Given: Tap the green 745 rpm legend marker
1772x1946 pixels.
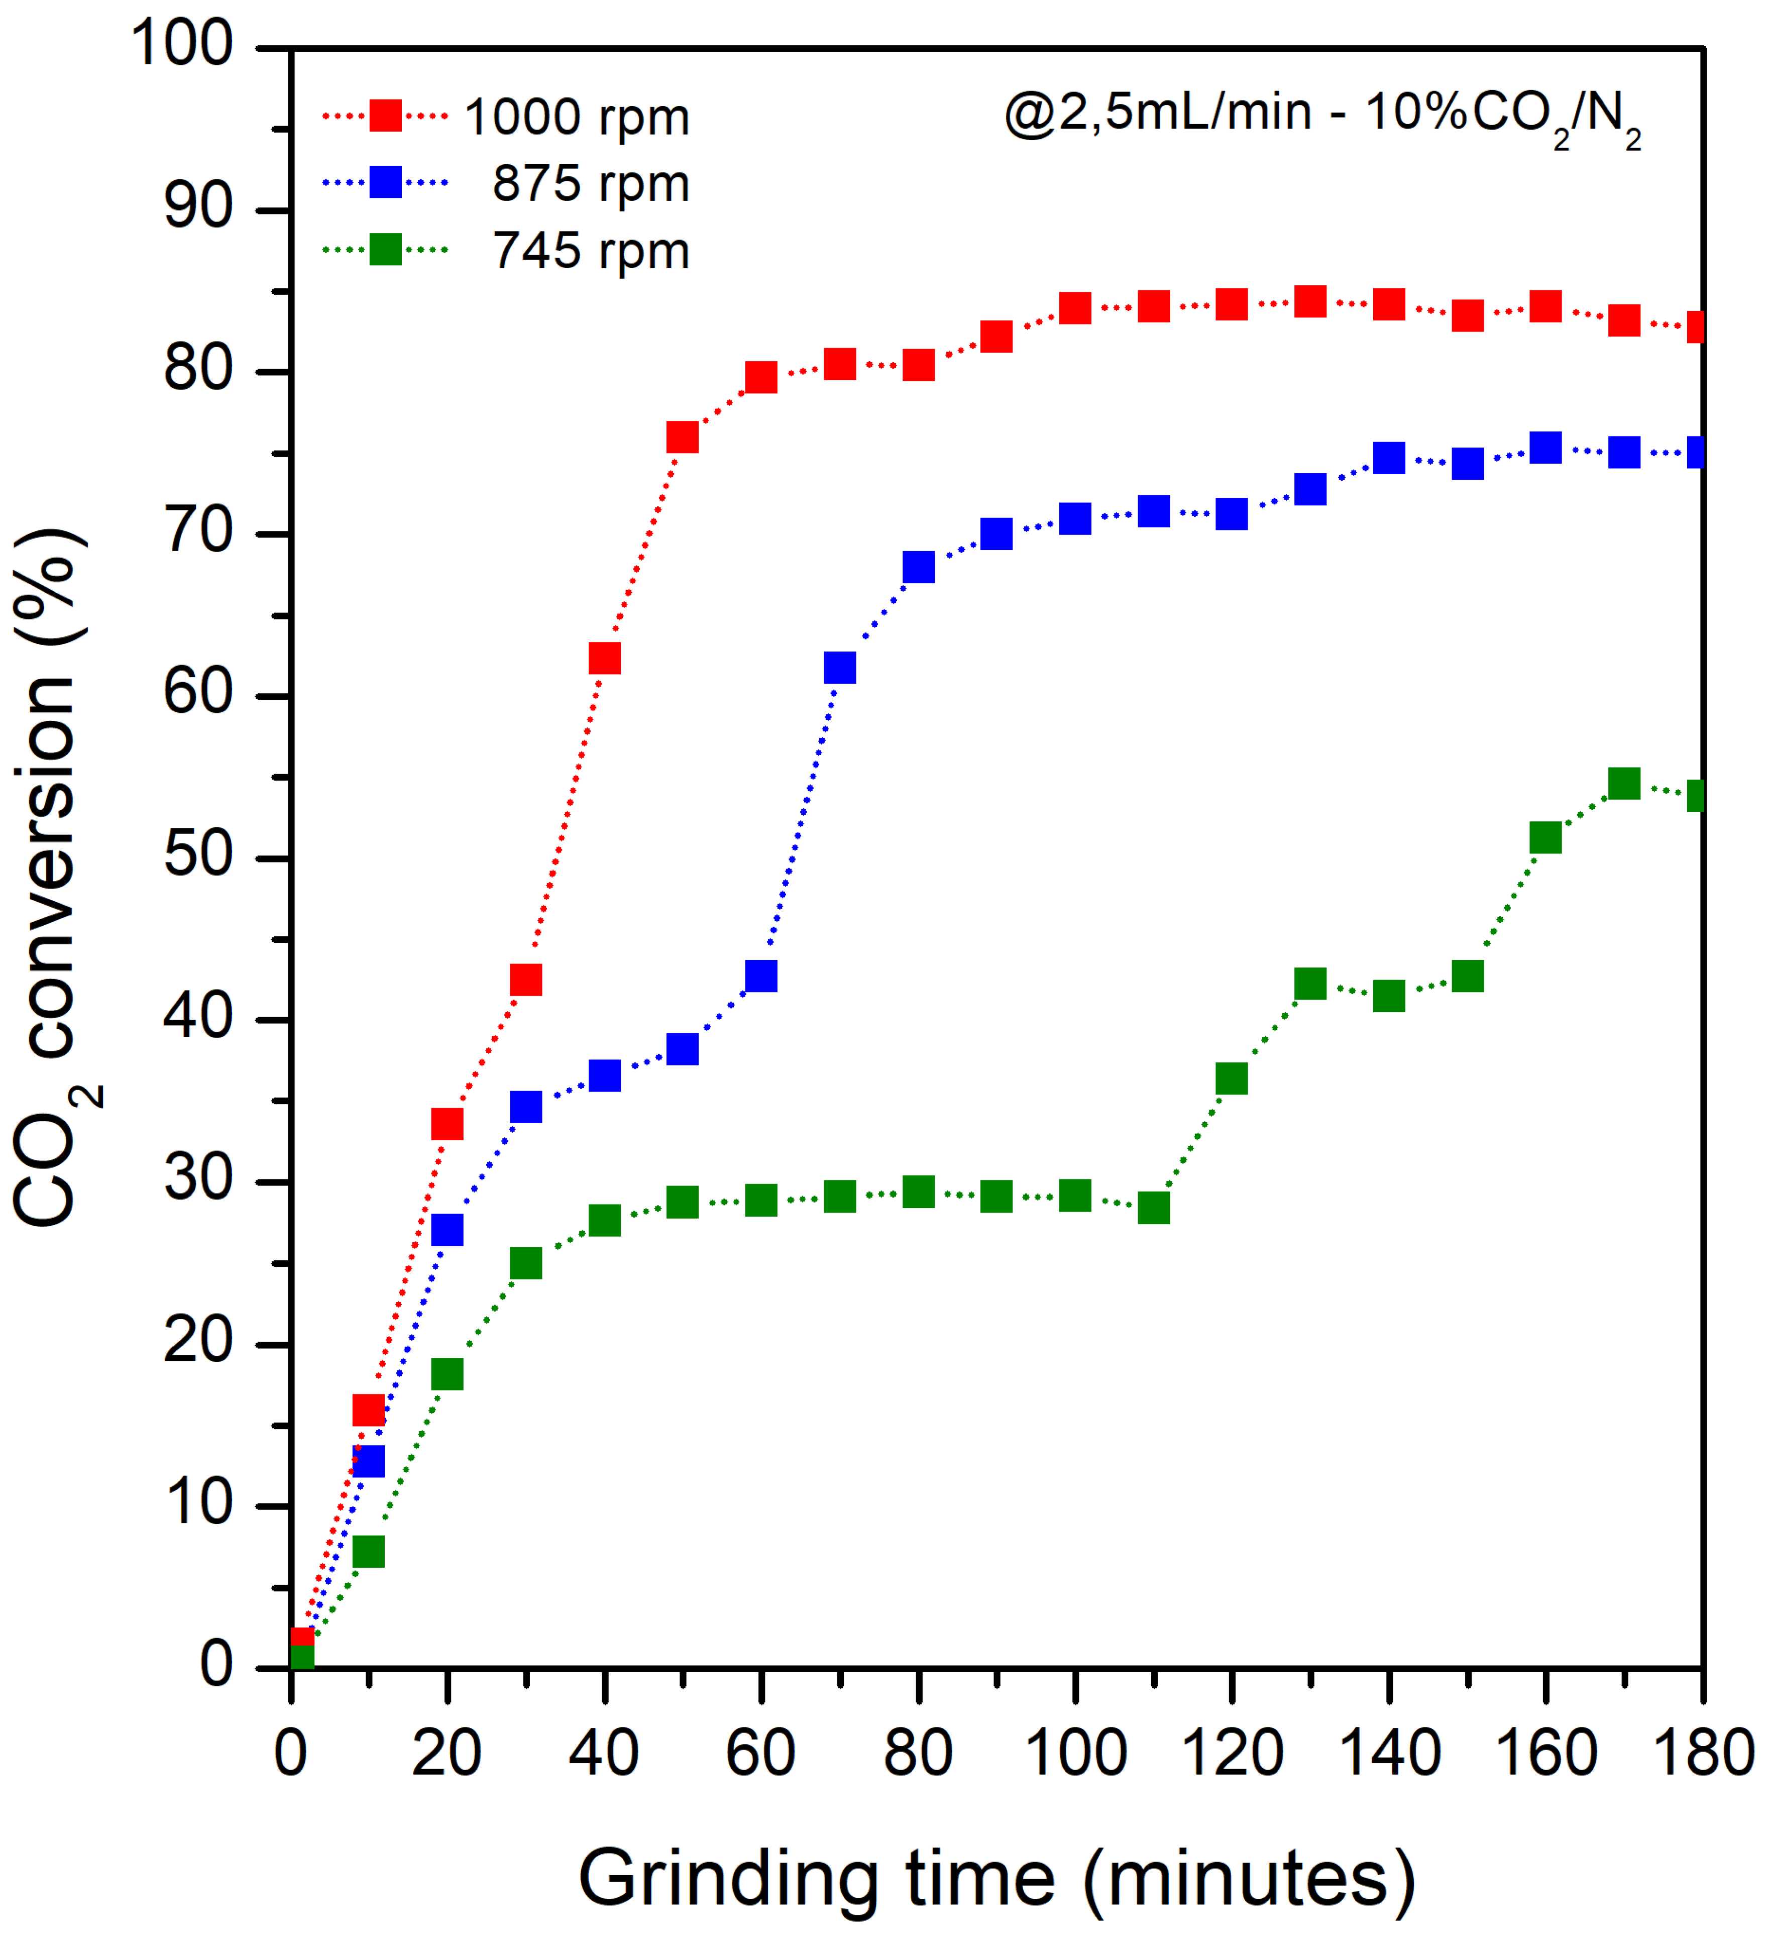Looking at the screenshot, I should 385,250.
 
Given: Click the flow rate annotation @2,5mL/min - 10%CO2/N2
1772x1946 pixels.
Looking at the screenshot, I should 1322,116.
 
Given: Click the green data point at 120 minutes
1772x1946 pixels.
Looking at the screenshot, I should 1232,1078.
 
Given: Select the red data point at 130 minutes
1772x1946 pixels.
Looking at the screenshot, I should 1310,301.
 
